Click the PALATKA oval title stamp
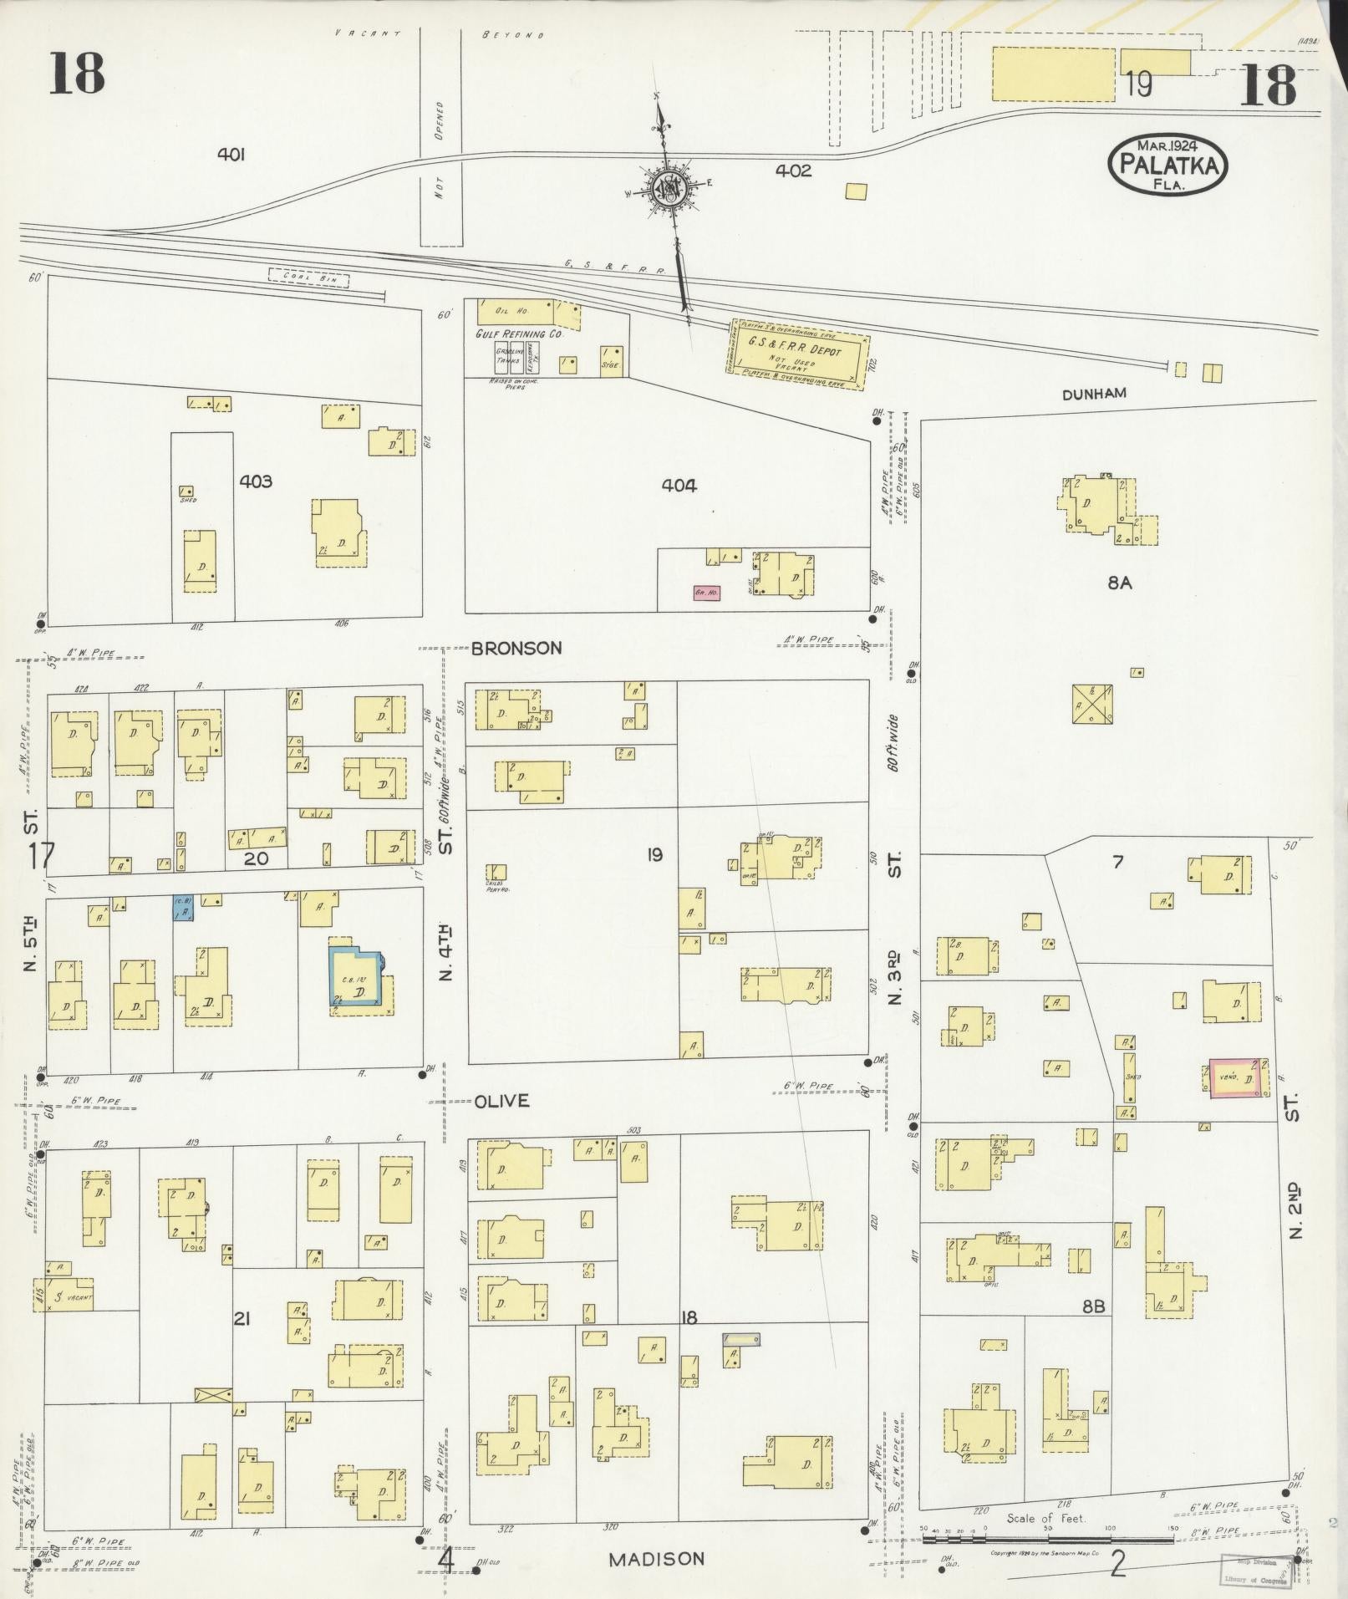tap(1167, 164)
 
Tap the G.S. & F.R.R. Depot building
tap(798, 355)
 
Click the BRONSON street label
tap(516, 648)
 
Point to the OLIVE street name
tap(501, 1101)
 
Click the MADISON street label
tap(656, 1559)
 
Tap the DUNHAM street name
tap(1094, 393)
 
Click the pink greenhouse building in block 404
tap(706, 593)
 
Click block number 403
tap(255, 481)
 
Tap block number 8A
tap(1119, 583)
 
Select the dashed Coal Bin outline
tap(308, 279)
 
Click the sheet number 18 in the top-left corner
tap(76, 74)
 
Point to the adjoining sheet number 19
tap(1138, 84)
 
